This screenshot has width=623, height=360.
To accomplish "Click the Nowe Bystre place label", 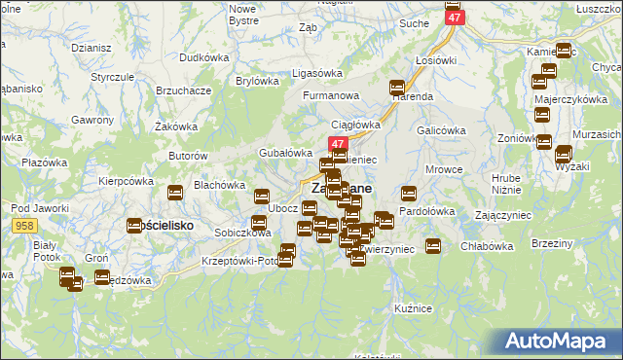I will pyautogui.click(x=242, y=14).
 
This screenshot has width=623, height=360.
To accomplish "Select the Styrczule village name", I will pyautogui.click(x=112, y=76).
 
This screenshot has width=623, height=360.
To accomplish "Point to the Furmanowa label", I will pyautogui.click(x=331, y=95).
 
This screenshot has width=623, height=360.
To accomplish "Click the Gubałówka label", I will pyautogui.click(x=284, y=153).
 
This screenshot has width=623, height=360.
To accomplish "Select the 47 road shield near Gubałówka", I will pyautogui.click(x=327, y=143).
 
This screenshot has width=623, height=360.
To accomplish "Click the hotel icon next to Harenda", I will pyautogui.click(x=397, y=86).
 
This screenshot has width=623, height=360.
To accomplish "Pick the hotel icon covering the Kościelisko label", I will pyautogui.click(x=135, y=226).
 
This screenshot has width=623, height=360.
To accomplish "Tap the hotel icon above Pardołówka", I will pyautogui.click(x=409, y=193).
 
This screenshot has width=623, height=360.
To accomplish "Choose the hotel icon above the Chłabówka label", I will pyautogui.click(x=433, y=246).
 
